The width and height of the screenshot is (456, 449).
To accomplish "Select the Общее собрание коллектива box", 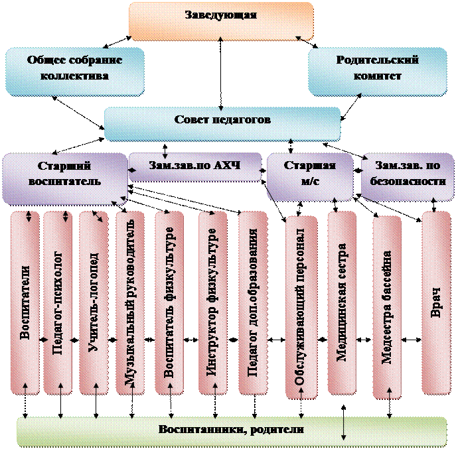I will (x=74, y=69).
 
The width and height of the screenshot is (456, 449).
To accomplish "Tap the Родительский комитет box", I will (x=377, y=69).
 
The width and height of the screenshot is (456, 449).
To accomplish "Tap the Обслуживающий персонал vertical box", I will (x=301, y=305).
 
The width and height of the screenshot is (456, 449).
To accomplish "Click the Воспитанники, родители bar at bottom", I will (x=226, y=430).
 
